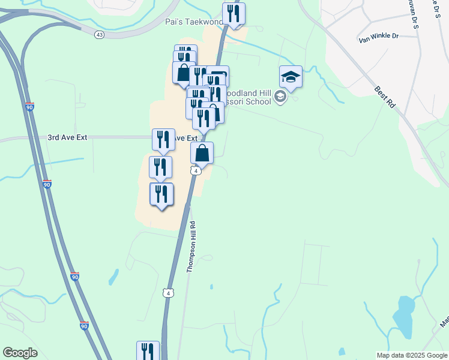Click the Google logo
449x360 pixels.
(20, 353)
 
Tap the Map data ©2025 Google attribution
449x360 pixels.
(412, 355)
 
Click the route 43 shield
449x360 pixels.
(99, 35)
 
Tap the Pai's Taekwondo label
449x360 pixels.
(193, 22)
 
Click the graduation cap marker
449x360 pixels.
(291, 77)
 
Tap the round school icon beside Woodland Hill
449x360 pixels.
(280, 97)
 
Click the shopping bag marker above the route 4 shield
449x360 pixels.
(202, 154)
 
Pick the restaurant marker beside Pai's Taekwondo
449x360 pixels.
(234, 14)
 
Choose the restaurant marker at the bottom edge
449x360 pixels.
(148, 350)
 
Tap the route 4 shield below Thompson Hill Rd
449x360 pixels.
(169, 293)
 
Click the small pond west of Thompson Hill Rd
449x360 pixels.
(113, 277)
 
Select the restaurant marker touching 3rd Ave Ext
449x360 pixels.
(163, 140)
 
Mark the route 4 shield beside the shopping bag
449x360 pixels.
(196, 171)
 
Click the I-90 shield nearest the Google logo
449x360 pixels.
(85, 326)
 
